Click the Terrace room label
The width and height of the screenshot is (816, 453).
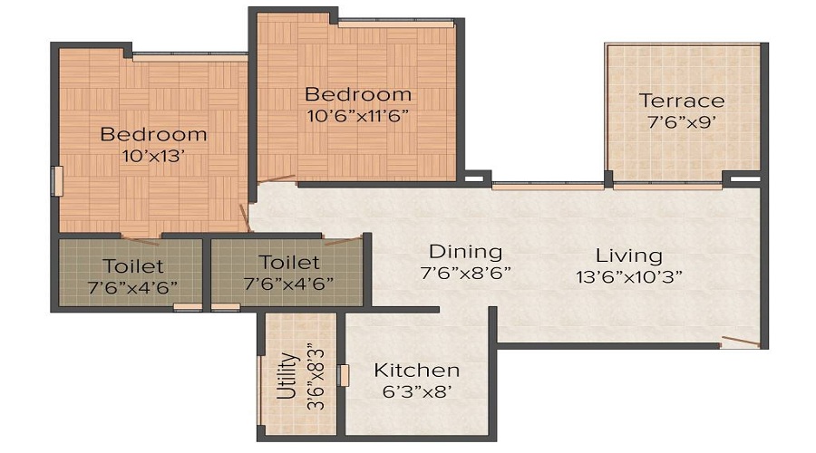682,100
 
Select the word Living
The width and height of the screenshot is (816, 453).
628,255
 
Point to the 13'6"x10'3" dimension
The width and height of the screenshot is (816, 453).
628,275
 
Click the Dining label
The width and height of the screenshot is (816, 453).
465,251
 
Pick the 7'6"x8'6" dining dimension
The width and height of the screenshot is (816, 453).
465,272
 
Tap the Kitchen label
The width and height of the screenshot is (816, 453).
417,371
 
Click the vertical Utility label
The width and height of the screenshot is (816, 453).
286,375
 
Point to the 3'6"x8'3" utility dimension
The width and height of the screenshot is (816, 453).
315,375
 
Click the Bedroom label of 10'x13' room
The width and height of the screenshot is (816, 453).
153,134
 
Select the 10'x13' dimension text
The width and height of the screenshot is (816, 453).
153,155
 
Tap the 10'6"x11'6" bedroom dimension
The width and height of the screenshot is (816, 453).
357,115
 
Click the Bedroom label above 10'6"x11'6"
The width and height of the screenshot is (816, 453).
357,94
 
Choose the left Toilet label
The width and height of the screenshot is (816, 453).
133,265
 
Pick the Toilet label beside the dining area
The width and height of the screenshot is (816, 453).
289,263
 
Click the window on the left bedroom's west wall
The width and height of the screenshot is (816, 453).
56,180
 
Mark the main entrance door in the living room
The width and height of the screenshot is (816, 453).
740,342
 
